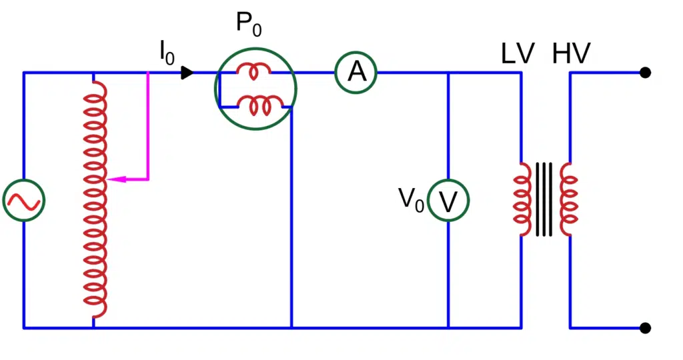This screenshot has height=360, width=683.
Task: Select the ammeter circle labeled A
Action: pyautogui.click(x=356, y=72)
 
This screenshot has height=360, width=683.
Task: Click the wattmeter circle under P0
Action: pyautogui.click(x=255, y=89)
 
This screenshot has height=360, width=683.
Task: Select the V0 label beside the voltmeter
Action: pyautogui.click(x=411, y=199)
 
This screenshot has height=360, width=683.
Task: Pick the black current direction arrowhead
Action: pyautogui.click(x=187, y=72)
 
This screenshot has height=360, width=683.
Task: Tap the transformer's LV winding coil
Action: pyautogui.click(x=522, y=200)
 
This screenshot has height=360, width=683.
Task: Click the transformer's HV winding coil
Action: pyautogui.click(x=569, y=200)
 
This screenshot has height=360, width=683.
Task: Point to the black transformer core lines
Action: pyautogui.click(x=545, y=200)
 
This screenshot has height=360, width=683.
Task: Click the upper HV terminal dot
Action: pyautogui.click(x=645, y=72)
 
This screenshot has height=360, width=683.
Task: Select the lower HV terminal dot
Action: pyautogui.click(x=645, y=327)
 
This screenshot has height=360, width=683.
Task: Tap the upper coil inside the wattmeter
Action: pyautogui.click(x=255, y=72)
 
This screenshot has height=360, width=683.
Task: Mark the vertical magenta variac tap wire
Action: pyautogui.click(x=148, y=127)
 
